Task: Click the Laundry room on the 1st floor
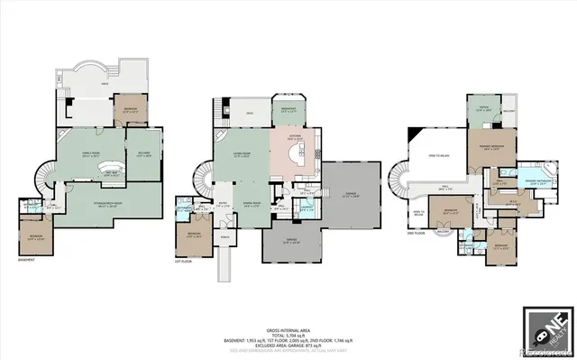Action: [307, 209]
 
